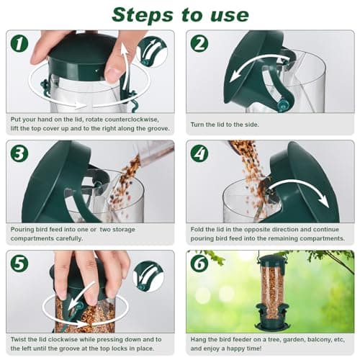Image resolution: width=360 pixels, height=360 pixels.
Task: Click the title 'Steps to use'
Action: click(180, 14)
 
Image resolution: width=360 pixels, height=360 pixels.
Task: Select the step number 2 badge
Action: click(199, 43)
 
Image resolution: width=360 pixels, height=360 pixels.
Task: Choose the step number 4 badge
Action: click(199, 153)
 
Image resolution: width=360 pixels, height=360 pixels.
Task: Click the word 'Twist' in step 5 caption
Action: click(22, 338)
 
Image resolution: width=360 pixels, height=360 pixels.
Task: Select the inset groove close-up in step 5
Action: click(152, 276)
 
